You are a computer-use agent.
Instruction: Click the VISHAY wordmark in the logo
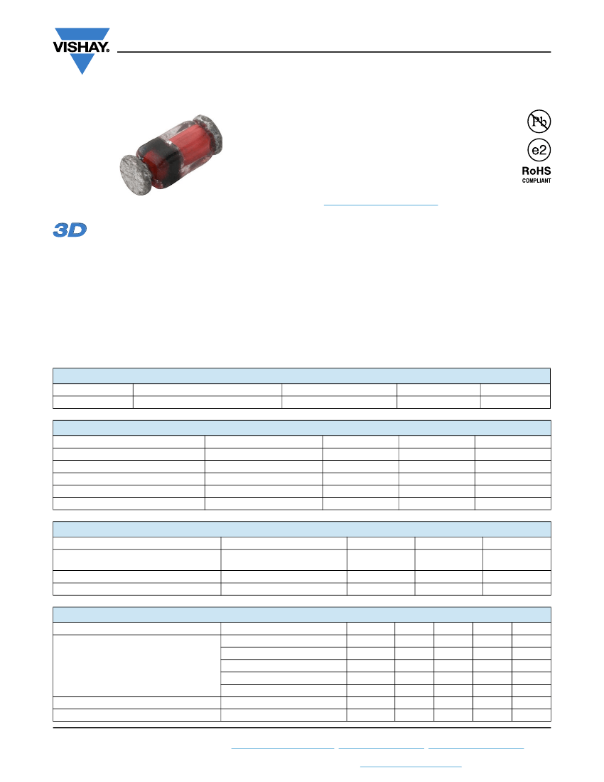(81, 48)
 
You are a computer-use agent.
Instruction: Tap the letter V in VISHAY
(58, 48)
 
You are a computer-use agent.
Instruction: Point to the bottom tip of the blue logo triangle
(82, 75)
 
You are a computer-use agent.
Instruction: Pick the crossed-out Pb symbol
(539, 121)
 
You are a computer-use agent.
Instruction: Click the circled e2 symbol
(539, 149)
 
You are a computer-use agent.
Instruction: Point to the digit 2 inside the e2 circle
(543, 150)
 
